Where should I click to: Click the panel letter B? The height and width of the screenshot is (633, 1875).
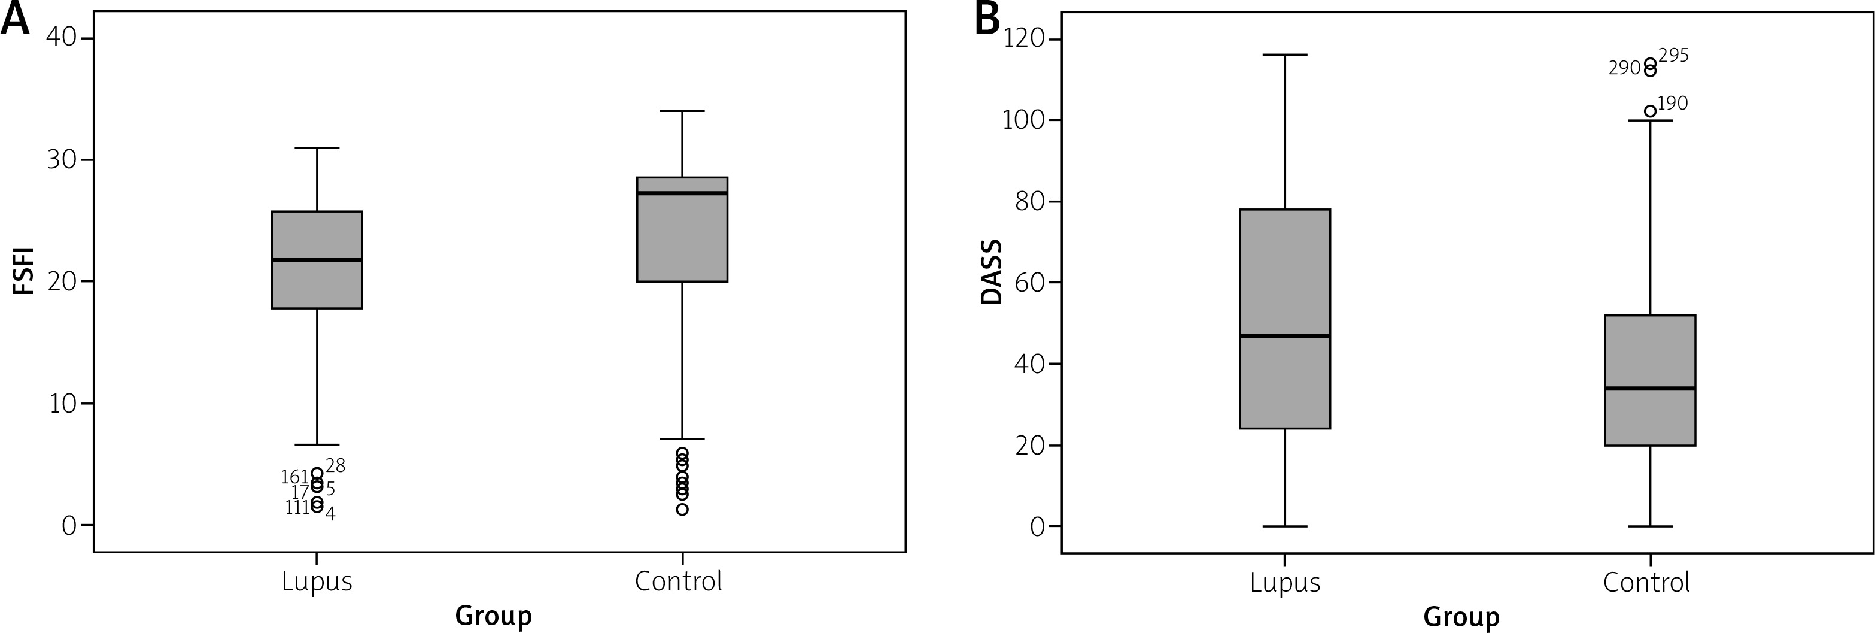[987, 19]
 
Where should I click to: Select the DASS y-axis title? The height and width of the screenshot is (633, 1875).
[992, 272]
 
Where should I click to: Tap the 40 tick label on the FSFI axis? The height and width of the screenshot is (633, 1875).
[61, 37]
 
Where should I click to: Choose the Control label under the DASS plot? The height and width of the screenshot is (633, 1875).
[1646, 583]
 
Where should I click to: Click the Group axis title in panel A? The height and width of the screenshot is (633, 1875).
[494, 616]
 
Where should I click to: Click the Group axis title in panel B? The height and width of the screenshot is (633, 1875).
[1461, 617]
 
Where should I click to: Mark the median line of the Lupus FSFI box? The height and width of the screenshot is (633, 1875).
[317, 260]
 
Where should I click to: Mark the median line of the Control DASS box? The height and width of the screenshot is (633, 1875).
[1650, 388]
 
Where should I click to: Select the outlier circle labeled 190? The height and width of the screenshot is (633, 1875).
[1650, 111]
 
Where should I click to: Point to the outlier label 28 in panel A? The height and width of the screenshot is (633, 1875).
[336, 465]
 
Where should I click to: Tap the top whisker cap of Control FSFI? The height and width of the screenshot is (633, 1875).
[682, 111]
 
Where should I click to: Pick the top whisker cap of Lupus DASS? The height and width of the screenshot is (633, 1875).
[1285, 54]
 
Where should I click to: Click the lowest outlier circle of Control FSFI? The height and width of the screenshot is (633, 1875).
[682, 510]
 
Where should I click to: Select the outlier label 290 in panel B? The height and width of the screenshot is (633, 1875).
[1625, 68]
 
